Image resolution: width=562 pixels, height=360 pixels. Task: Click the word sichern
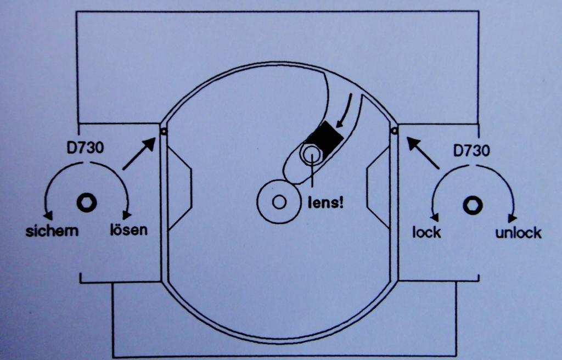click(x=52, y=231)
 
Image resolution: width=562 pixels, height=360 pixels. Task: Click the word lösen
click(x=128, y=229)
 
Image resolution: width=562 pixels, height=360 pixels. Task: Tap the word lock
click(x=426, y=232)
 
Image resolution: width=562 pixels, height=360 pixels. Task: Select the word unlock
click(x=518, y=233)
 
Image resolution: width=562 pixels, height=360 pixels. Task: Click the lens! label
click(x=326, y=203)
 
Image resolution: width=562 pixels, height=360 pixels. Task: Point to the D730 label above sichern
click(x=85, y=148)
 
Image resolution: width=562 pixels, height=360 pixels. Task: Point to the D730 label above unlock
click(x=471, y=150)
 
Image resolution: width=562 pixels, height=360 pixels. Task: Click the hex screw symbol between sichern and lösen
click(x=87, y=203)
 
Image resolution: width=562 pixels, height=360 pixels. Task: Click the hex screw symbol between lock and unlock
click(x=473, y=206)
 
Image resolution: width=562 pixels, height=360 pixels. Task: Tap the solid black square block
click(x=325, y=138)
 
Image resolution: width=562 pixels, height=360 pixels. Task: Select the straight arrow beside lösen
click(x=139, y=154)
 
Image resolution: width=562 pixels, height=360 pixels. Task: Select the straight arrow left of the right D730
click(x=423, y=153)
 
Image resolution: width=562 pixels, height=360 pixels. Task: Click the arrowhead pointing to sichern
click(x=48, y=215)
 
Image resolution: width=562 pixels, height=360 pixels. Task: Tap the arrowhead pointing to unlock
click(x=513, y=218)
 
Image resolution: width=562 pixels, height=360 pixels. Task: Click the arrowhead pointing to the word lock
click(x=435, y=217)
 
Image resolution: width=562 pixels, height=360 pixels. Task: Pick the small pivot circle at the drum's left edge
click(x=164, y=132)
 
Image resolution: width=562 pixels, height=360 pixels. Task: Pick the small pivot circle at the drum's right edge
click(x=394, y=131)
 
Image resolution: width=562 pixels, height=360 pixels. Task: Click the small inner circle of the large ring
click(x=279, y=202)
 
